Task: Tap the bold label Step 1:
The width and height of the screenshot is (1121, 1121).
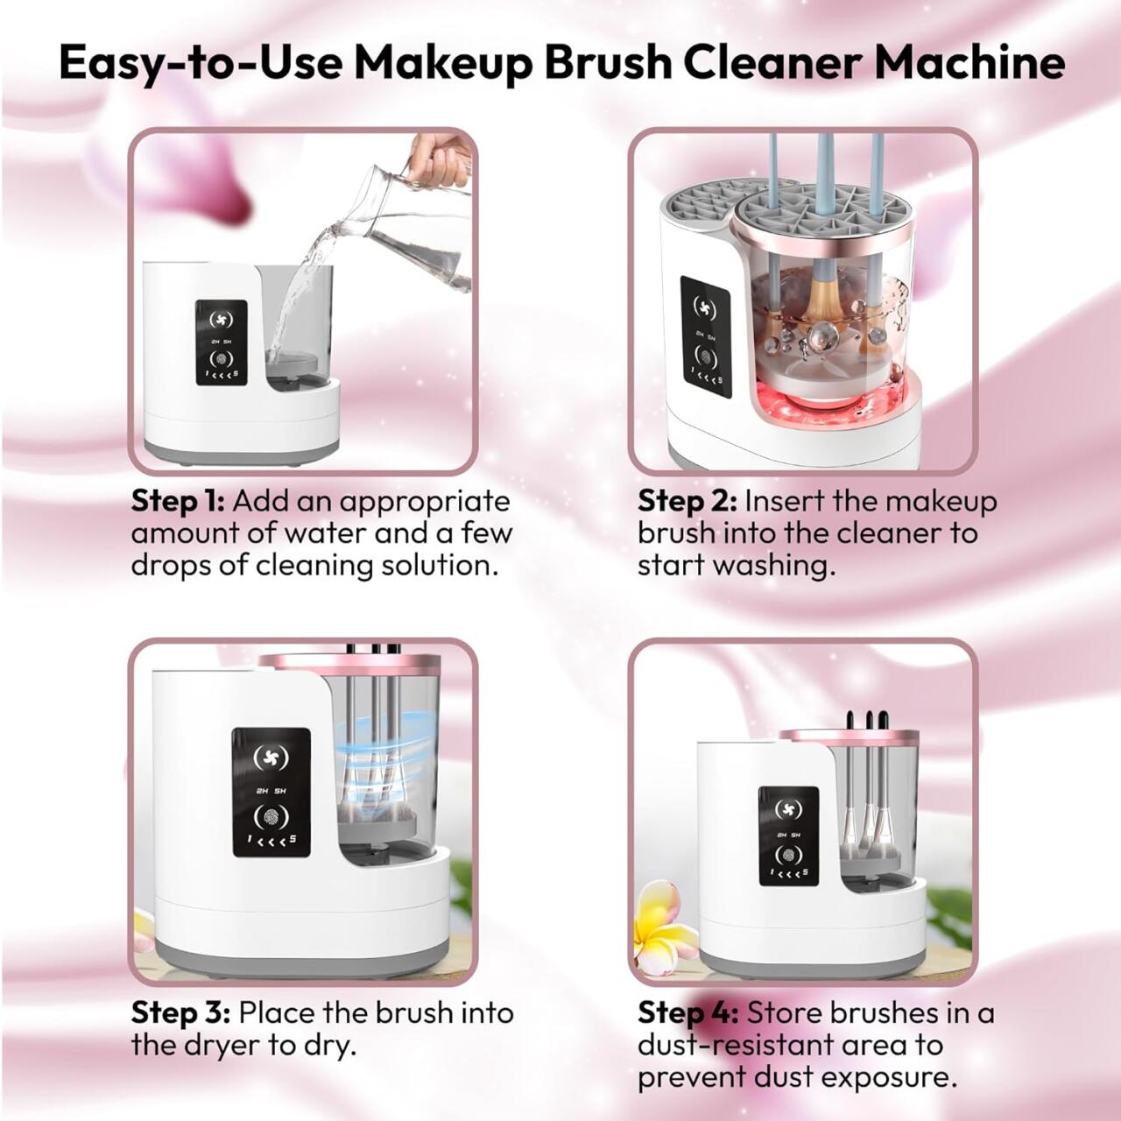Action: click(178, 501)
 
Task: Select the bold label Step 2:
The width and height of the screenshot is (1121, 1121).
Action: click(687, 501)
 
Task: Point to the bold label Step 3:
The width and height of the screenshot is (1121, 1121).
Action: click(180, 1012)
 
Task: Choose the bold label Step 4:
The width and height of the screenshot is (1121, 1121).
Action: click(687, 1012)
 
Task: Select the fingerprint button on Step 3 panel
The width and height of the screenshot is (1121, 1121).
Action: click(271, 817)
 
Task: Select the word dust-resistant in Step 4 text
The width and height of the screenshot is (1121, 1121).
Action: click(736, 1045)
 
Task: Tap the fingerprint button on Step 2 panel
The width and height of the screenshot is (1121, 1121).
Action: click(706, 356)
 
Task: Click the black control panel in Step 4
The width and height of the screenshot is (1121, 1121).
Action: click(788, 835)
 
